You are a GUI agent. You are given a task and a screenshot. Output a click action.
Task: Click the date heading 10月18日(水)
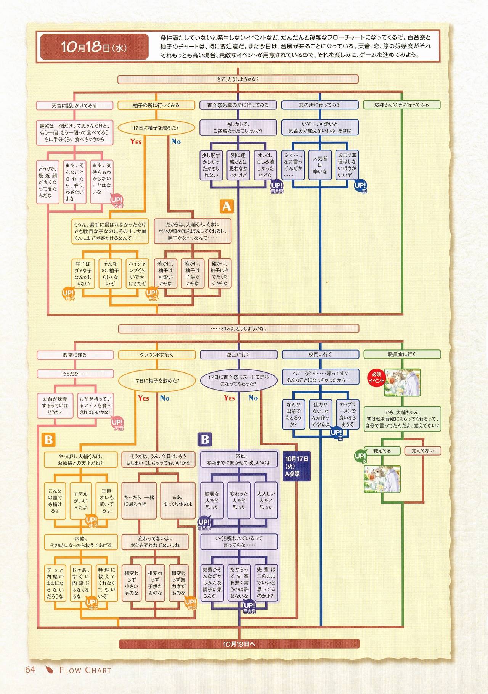coord(94,47)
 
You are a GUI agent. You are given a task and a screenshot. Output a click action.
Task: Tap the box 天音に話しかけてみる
coord(74,105)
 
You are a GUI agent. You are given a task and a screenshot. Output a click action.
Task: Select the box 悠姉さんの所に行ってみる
coord(401,105)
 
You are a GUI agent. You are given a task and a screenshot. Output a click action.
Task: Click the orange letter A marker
coord(226,206)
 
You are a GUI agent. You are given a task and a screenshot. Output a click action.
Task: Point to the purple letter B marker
coord(205,440)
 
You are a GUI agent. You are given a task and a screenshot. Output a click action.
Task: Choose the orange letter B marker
coord(48,440)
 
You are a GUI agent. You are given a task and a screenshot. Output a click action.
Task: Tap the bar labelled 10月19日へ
coord(239,644)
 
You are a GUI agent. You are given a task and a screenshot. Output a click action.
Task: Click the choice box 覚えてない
coord(422,451)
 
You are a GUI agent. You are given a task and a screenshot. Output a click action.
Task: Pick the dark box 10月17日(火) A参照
coord(297,466)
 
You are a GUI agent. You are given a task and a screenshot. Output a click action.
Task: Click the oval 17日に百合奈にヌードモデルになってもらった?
coord(238,380)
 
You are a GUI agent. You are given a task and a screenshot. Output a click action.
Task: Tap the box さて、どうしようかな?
coord(238,79)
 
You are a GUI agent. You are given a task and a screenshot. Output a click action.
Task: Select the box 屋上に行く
coord(238,354)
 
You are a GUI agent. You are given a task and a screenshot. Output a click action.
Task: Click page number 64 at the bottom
coord(30,670)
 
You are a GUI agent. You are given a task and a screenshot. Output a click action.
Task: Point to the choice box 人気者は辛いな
coord(320,165)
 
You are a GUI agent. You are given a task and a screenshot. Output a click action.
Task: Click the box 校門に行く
coord(320,354)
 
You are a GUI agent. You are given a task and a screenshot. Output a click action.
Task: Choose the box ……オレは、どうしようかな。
coord(239,328)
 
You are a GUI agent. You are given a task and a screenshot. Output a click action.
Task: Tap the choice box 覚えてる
coord(382,451)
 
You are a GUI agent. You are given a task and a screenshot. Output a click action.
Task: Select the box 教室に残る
coord(75,355)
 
